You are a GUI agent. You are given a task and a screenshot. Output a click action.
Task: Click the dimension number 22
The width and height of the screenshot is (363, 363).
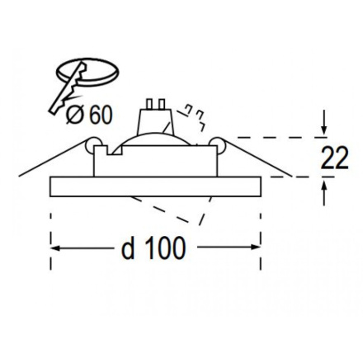pos(334,158)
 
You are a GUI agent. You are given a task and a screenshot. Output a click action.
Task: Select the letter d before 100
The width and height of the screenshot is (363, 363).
pos(128,248)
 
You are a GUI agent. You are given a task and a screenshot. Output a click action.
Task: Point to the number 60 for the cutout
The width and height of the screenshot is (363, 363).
pos(101,115)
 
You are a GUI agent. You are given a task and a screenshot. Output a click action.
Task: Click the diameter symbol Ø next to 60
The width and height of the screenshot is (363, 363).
pos(74,115)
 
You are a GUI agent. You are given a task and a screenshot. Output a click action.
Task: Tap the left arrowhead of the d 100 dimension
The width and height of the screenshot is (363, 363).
pos(55,248)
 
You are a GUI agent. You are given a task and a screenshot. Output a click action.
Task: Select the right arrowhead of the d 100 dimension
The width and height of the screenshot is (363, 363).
pos(256,247)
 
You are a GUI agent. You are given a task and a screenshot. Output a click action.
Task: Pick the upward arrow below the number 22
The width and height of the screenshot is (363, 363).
pos(324,192)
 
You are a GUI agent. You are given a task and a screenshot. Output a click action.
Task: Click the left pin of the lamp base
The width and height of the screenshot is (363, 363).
pos(149,104)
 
